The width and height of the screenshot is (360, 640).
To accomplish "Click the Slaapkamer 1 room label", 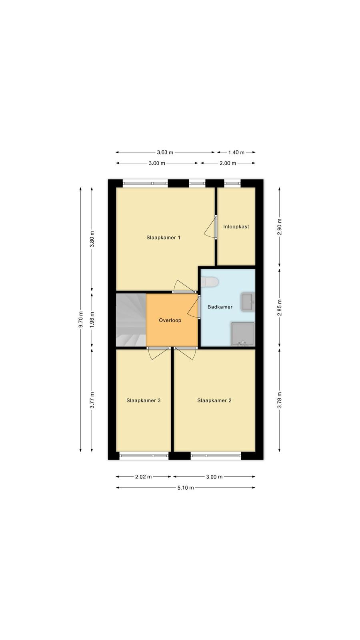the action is click(164, 238).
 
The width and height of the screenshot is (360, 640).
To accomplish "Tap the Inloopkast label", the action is click(236, 226).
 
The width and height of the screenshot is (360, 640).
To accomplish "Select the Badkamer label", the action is click(220, 307).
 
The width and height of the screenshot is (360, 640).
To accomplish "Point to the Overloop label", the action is click(170, 320).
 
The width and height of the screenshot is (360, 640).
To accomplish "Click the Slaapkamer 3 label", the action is click(144, 400).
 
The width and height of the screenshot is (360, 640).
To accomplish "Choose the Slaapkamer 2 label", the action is click(214, 400).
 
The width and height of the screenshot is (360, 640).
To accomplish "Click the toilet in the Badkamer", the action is click(210, 282).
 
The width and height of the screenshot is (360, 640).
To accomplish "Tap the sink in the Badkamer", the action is click(248, 302).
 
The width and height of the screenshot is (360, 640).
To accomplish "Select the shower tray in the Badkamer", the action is click(242, 334).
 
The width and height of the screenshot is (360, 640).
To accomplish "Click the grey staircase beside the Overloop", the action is click(131, 320).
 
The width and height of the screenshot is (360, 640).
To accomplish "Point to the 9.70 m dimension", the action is click(80, 320).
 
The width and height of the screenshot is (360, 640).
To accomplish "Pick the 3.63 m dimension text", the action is click(165, 152).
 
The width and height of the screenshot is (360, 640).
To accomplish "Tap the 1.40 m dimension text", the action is click(236, 152).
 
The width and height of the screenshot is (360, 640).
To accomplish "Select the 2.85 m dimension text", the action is click(280, 308).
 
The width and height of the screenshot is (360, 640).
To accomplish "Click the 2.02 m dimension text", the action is click(144, 476).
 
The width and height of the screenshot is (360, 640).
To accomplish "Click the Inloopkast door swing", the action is click(210, 226).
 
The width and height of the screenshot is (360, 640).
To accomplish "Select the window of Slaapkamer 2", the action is click(216, 456).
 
